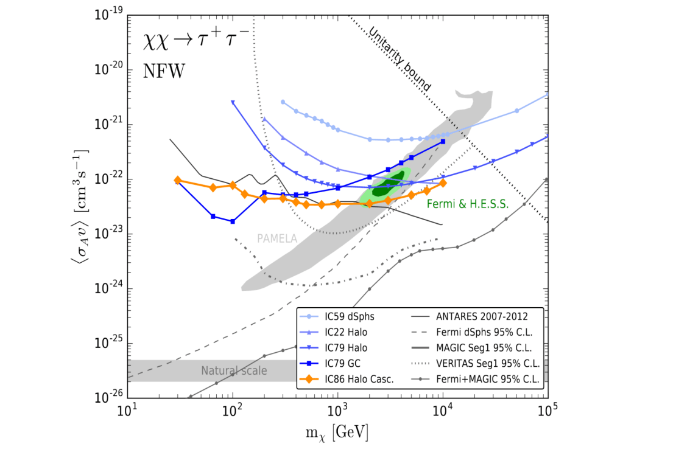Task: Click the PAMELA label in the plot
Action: (277, 239)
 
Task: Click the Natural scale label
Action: (234, 370)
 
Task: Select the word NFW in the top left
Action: (164, 71)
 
